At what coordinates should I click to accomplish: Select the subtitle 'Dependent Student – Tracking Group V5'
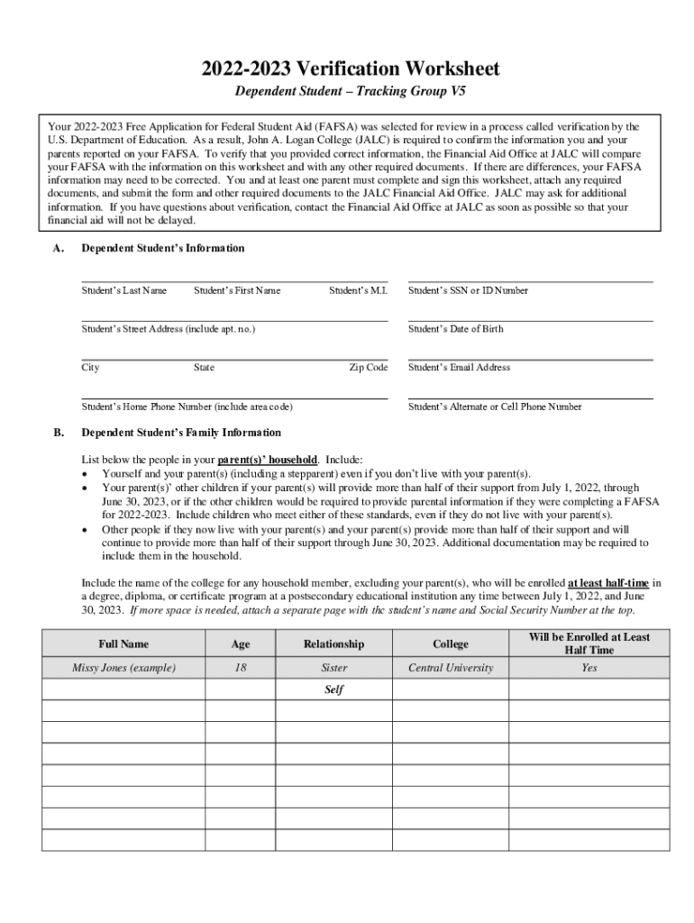point(351,93)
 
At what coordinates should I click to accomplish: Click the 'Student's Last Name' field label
point(124,290)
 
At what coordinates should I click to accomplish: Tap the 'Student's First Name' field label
point(237,290)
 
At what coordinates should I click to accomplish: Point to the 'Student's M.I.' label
point(358,290)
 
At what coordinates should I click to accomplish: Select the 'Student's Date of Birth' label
point(455,329)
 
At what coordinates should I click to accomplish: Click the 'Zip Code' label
point(368,368)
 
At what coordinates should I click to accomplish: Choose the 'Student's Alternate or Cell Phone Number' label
point(495,407)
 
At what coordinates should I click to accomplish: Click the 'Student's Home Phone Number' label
point(187,407)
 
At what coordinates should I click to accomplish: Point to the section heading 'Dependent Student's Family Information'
point(181,433)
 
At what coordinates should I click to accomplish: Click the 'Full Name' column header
point(123,644)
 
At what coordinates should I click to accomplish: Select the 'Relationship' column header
point(333,644)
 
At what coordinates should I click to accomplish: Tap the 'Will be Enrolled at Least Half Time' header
point(589,644)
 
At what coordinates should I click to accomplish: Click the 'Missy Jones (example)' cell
point(123,668)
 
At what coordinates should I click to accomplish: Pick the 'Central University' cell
point(451,668)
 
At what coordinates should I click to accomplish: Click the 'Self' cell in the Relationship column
point(333,690)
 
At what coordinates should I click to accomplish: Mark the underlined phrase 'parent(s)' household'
point(268,459)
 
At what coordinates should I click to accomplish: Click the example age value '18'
point(240,668)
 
